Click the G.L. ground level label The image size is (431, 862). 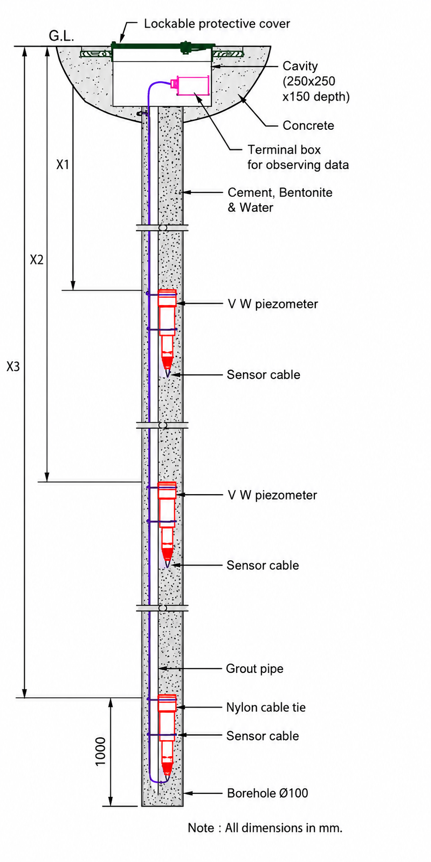61,36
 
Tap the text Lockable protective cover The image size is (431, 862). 217,24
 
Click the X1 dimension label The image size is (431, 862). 63,165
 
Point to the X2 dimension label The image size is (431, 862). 36,260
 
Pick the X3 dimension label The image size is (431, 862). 13,366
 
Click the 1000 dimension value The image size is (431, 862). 101,751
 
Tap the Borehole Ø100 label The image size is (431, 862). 267,793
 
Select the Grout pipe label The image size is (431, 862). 255,669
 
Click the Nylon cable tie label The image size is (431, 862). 266,707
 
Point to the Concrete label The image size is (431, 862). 309,125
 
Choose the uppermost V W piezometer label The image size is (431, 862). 273,304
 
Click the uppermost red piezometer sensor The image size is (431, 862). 167,330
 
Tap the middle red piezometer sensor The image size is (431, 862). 167,522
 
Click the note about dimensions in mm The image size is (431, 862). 265,828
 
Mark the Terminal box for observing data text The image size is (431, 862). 298,157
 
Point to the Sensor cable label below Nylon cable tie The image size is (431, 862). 262,736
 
